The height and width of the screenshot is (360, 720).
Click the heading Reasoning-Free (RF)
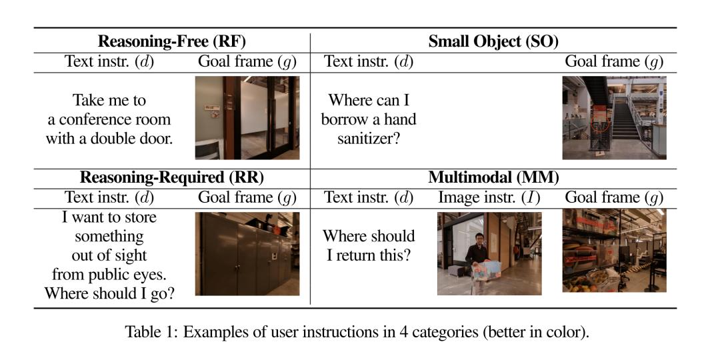point(172,42)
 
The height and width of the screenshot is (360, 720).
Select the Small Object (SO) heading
point(493,42)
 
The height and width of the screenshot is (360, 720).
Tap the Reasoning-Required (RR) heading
point(172,178)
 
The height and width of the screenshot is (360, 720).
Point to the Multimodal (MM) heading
point(493,178)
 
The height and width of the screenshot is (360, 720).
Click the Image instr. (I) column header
point(489,197)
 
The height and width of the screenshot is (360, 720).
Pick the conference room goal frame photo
point(247,118)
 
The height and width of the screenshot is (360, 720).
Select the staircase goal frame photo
point(615,118)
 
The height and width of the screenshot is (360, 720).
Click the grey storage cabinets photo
point(247,254)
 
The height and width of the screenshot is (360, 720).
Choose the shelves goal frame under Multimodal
point(615,251)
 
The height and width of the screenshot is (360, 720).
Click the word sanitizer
point(369,139)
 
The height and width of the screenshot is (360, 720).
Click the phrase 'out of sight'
point(109,256)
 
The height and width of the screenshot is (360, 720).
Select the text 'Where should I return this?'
point(369,245)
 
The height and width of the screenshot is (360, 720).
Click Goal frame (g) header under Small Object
point(615,61)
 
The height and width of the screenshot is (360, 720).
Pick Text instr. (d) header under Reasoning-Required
point(109,197)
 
